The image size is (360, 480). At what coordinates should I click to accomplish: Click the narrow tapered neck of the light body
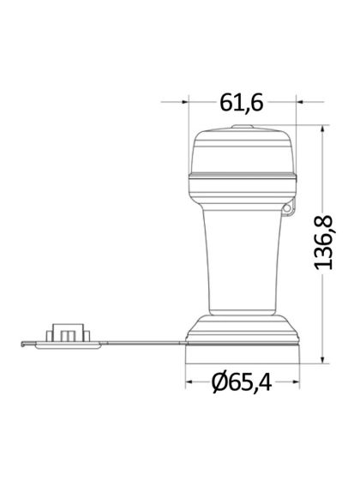(243, 257)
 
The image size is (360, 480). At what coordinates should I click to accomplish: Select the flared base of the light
(243, 330)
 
